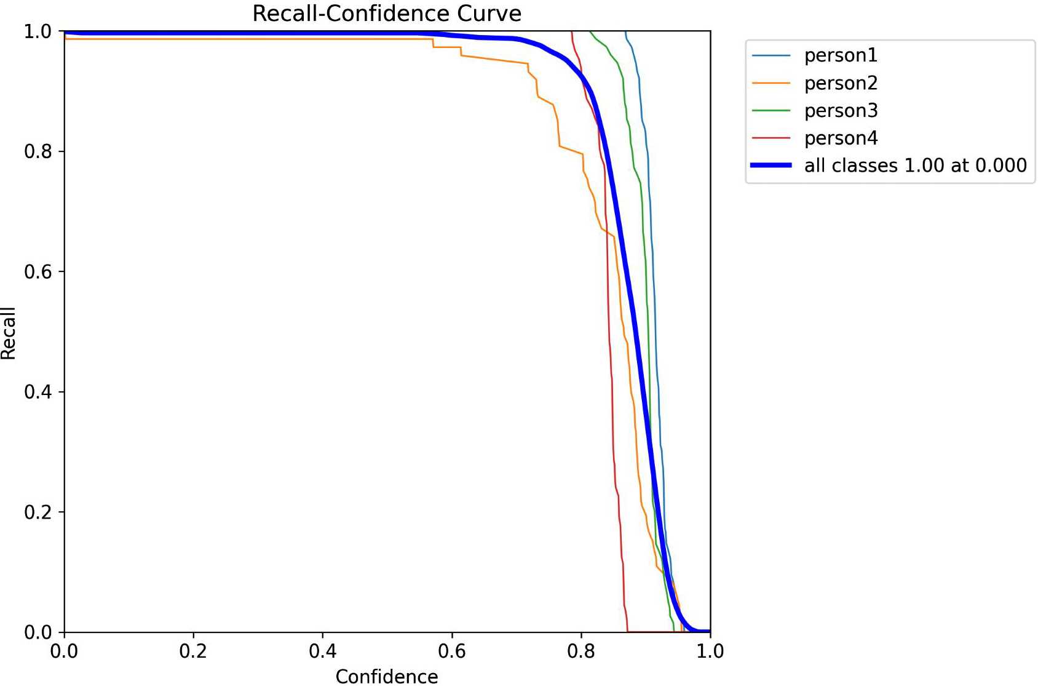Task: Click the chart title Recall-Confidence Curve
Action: tap(387, 14)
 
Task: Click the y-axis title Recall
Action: tap(9, 333)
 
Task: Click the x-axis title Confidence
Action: tap(387, 676)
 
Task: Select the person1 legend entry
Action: tap(841, 55)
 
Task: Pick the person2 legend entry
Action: tap(841, 83)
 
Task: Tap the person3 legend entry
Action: tap(841, 111)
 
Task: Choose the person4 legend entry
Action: tap(841, 138)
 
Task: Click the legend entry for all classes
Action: tap(915, 166)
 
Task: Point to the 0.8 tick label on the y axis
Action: tap(38, 151)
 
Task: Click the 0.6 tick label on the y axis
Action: tap(38, 271)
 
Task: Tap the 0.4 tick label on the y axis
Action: tap(38, 392)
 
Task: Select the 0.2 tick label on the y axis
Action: tap(38, 512)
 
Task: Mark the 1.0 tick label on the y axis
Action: tap(38, 31)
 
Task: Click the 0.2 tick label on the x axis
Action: tap(193, 651)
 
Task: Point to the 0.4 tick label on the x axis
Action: tap(322, 651)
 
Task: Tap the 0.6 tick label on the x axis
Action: tap(452, 651)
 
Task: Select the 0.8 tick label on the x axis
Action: tap(581, 651)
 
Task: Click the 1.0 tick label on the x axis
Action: tap(710, 651)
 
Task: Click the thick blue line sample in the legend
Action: tap(771, 166)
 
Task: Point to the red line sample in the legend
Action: tap(771, 138)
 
